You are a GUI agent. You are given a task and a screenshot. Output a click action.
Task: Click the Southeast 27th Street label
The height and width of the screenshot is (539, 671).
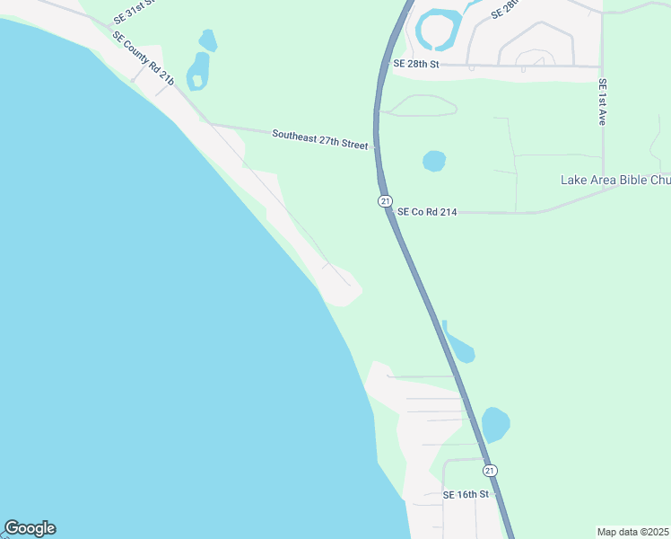(x=320, y=138)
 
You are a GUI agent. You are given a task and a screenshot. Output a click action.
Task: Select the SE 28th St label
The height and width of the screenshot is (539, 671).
(x=416, y=64)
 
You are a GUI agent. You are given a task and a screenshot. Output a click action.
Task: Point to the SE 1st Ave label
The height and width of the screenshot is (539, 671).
(x=602, y=102)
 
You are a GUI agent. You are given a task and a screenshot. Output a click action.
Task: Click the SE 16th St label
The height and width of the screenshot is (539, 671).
(x=466, y=495)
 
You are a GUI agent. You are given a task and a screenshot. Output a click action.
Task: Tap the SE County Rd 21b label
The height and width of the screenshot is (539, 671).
(x=143, y=59)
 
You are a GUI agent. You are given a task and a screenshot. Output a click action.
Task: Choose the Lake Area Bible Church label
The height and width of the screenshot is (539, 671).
(x=615, y=180)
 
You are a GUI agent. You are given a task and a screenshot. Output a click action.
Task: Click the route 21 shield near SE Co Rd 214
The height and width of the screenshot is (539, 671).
(x=384, y=201)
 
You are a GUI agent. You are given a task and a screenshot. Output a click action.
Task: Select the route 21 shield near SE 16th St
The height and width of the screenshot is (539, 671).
(x=490, y=470)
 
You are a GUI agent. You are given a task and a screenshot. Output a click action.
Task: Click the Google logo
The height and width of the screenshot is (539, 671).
(x=30, y=528)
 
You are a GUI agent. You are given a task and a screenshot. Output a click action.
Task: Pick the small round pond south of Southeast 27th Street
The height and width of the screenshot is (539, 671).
(x=434, y=161)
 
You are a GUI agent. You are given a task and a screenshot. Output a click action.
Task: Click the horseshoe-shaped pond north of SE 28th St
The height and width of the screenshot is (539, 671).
(x=437, y=30)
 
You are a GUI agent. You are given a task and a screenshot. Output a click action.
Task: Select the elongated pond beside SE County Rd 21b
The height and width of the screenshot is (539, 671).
(x=197, y=71)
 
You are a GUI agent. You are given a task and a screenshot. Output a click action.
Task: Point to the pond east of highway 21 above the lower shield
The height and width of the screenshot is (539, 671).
(x=495, y=424)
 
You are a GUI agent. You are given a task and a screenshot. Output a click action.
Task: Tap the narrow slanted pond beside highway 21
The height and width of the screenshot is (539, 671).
(x=459, y=345)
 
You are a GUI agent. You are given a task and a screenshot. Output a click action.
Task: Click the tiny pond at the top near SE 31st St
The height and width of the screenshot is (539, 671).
(x=207, y=40)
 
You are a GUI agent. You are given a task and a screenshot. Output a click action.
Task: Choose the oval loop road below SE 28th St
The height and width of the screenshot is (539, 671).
(x=421, y=106)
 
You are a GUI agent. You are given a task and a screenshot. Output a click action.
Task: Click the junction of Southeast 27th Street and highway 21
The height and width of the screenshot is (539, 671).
(x=375, y=145)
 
